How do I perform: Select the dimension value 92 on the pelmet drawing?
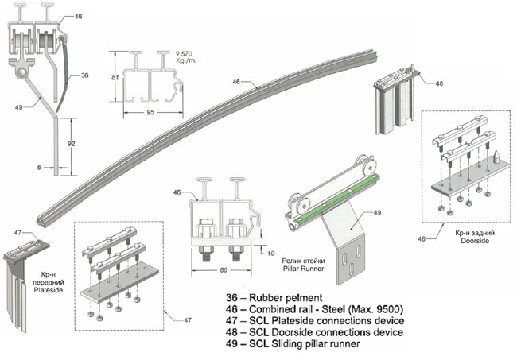point(72,145)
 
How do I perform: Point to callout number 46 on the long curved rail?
point(236,82)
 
